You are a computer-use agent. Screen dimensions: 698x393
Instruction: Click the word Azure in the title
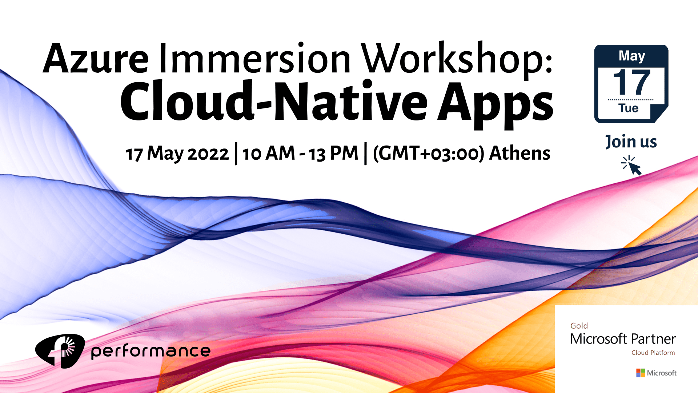(96, 58)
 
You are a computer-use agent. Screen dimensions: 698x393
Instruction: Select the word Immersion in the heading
(255, 58)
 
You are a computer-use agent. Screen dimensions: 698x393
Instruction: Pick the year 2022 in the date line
(208, 154)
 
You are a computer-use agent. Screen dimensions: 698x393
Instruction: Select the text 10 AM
(269, 153)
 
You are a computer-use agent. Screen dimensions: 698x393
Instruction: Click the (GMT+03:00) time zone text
(429, 153)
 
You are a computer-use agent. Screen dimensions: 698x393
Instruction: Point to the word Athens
(520, 153)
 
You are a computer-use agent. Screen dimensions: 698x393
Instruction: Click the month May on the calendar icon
(632, 56)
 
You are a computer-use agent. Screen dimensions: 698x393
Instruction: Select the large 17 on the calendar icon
(631, 83)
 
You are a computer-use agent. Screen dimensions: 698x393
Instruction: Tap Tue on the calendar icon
(629, 108)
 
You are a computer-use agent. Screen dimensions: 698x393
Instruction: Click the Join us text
(631, 142)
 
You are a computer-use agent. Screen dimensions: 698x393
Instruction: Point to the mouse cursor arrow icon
(631, 166)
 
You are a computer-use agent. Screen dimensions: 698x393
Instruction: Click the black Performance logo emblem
(60, 351)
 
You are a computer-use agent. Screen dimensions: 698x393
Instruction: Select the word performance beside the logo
(151, 351)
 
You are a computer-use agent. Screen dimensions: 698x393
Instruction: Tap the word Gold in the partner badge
(579, 326)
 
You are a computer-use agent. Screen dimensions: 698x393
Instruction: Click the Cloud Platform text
(653, 353)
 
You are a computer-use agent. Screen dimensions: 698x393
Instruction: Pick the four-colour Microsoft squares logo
(641, 373)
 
